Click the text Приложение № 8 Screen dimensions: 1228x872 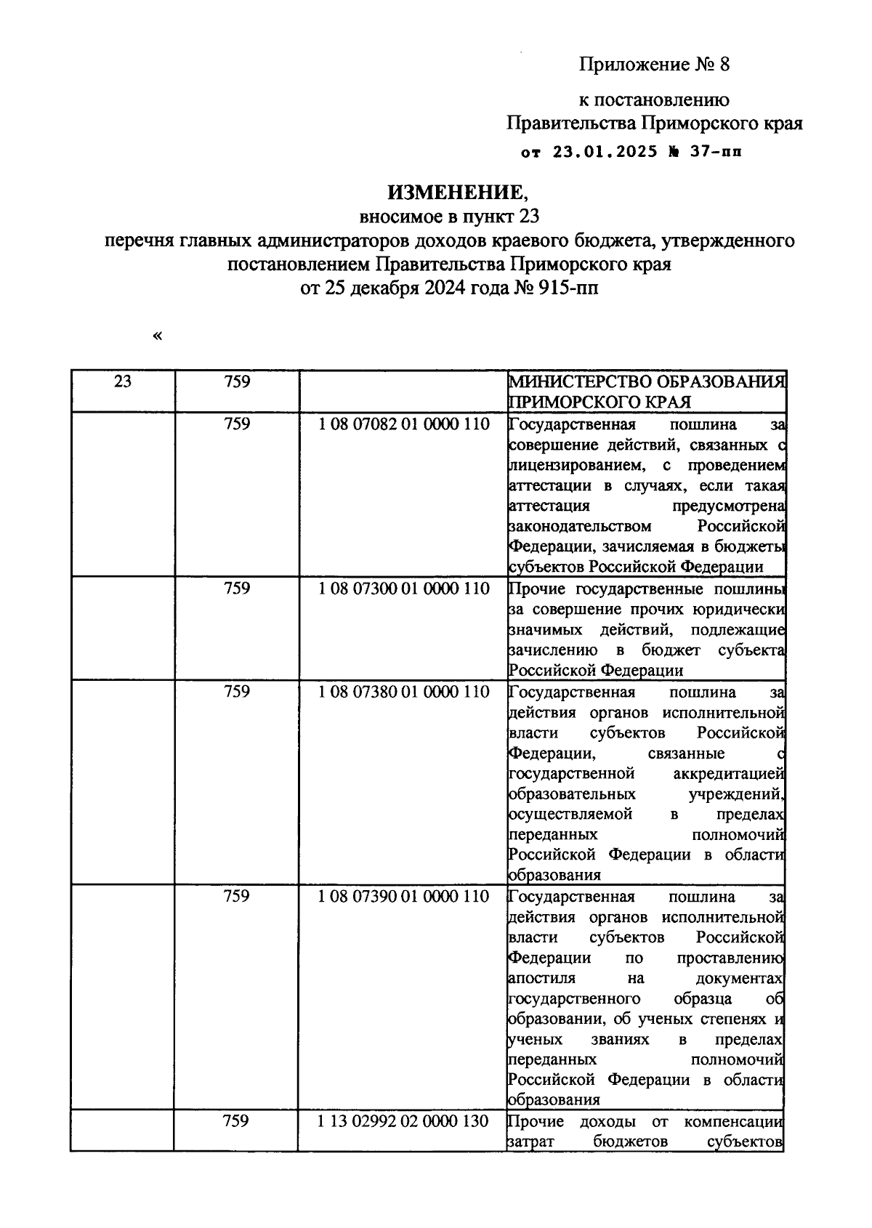pyautogui.click(x=653, y=65)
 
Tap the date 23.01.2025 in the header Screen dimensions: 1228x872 pyautogui.click(x=605, y=152)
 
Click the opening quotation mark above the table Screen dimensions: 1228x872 pyautogui.click(x=157, y=335)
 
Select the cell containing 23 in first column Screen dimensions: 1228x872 pyautogui.click(x=122, y=381)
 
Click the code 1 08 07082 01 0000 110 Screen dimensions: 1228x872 pyautogui.click(x=403, y=424)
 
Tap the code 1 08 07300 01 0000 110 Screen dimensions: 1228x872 pyautogui.click(x=403, y=588)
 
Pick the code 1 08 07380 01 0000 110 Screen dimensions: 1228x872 pyautogui.click(x=403, y=691)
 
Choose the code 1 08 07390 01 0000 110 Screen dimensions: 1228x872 pyautogui.click(x=403, y=896)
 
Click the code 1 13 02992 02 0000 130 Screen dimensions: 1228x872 pyautogui.click(x=403, y=1121)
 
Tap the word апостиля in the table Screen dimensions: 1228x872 pyautogui.click(x=541, y=978)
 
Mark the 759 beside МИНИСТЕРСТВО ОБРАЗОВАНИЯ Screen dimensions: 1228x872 pyautogui.click(x=237, y=381)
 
